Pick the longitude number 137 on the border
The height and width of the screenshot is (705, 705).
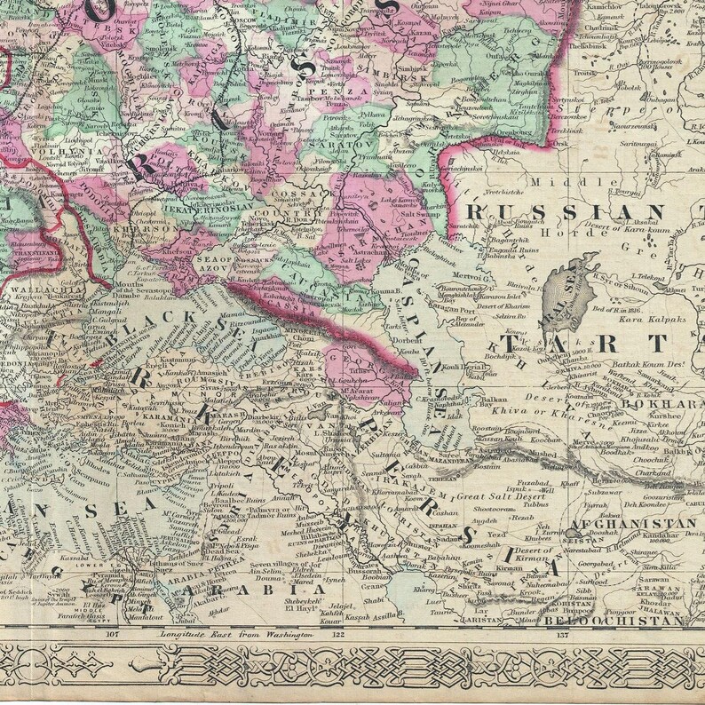[561, 635]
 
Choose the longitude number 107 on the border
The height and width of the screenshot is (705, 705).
[112, 635]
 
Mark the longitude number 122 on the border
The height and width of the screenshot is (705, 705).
[337, 635]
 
